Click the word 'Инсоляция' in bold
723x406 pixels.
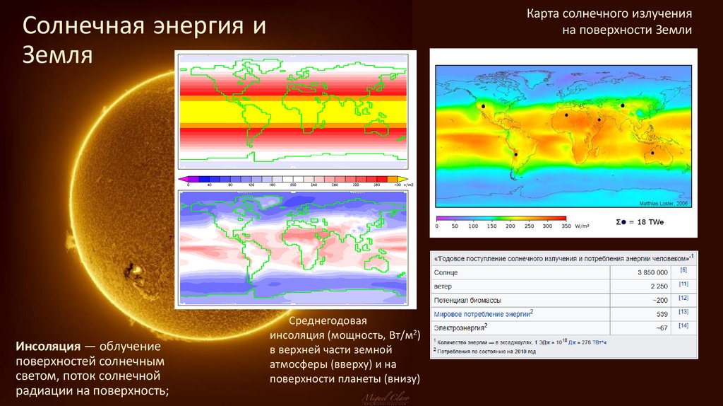coord(46,347)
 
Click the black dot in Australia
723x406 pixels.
coord(652,153)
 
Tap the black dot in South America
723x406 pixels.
coord(515,155)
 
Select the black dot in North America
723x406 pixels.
coord(484,106)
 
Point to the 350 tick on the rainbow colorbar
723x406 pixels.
coord(565,226)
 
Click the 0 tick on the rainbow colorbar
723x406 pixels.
coord(437,226)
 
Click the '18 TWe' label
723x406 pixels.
coord(650,222)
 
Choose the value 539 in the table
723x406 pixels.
coord(662,313)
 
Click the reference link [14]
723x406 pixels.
coord(683,326)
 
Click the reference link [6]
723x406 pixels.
coord(683,270)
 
